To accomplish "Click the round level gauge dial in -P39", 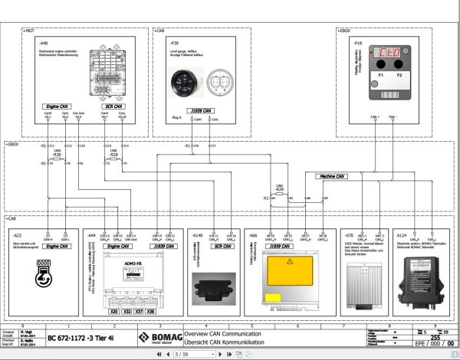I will [181, 77].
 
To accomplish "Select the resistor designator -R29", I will [278, 188].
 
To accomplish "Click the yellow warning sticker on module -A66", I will [287, 263].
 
